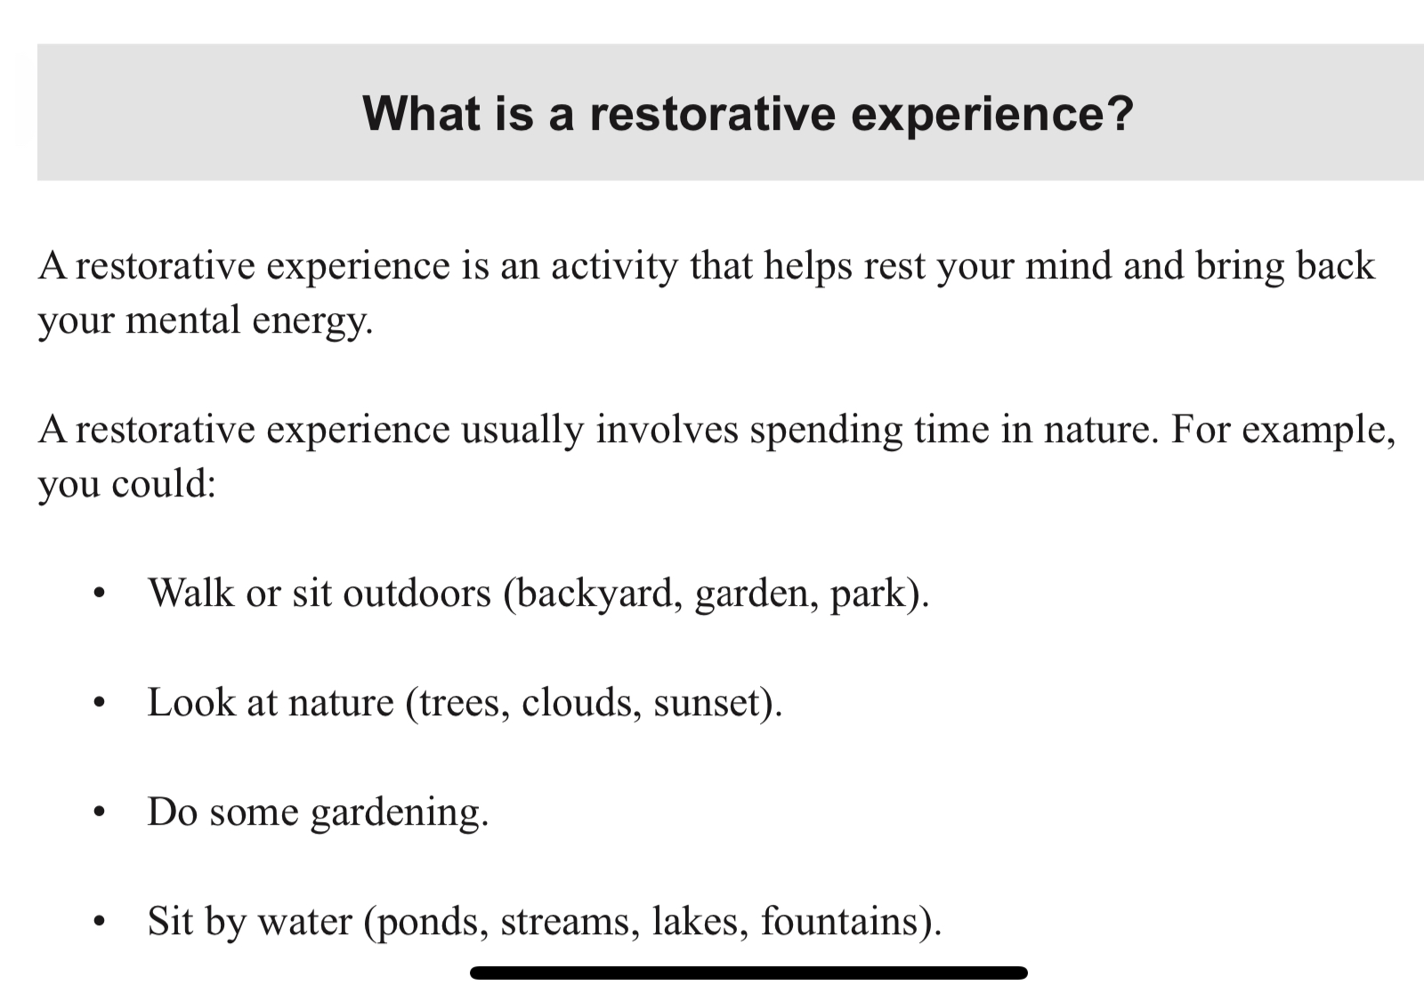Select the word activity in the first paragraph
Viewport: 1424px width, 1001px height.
(x=614, y=267)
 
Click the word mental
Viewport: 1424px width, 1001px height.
(x=183, y=319)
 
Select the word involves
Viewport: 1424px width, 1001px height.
(x=667, y=430)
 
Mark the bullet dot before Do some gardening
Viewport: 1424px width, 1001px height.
(x=99, y=812)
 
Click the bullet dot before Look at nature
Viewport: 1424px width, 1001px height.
(x=99, y=703)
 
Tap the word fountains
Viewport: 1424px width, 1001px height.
(x=839, y=922)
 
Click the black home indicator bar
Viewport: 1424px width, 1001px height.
(x=748, y=973)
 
